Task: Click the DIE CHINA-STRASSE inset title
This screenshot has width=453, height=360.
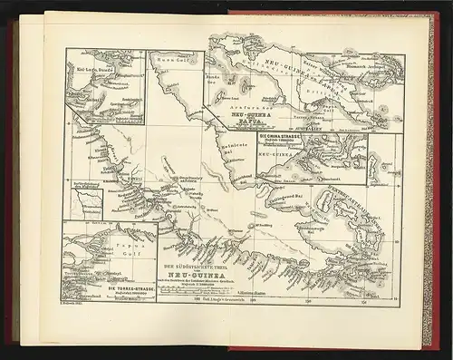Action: click(282, 138)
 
